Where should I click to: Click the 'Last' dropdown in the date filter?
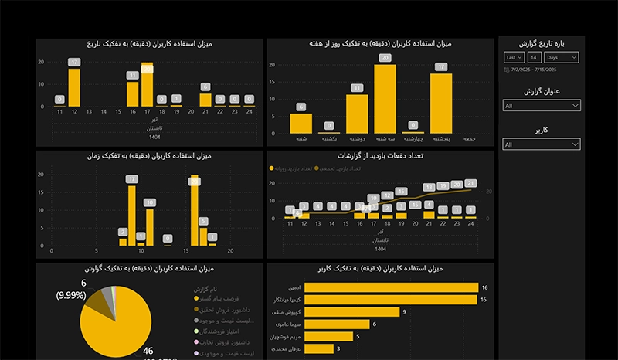(513, 58)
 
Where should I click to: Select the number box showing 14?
(534, 58)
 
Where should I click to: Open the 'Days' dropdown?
(562, 58)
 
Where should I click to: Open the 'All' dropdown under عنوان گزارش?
(541, 105)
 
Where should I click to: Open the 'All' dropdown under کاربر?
(541, 144)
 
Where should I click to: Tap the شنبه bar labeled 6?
(301, 124)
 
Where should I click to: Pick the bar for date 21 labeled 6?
(205, 100)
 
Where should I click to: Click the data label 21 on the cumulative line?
(471, 184)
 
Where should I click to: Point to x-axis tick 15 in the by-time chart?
(185, 250)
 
